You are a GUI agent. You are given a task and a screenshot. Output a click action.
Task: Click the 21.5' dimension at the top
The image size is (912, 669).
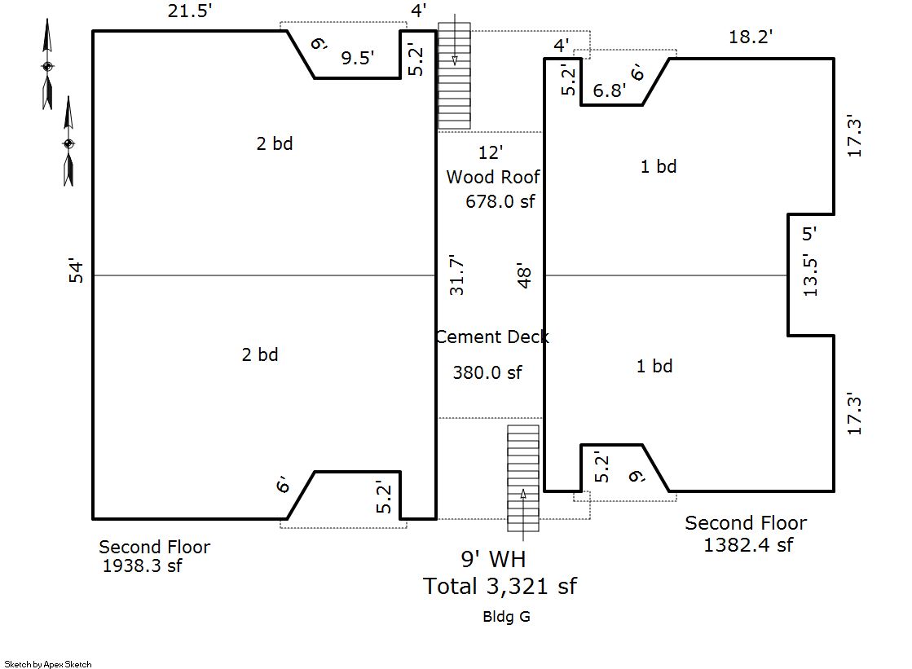click(190, 11)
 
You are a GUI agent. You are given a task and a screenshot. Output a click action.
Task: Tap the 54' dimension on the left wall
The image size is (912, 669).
click(76, 271)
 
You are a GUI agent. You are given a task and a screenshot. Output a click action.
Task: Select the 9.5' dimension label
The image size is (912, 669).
click(357, 58)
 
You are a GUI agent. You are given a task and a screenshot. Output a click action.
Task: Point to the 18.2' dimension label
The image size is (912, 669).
click(751, 37)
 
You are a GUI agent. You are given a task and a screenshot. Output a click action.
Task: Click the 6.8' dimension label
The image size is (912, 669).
click(609, 90)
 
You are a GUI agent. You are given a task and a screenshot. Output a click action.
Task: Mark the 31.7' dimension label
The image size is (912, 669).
click(456, 275)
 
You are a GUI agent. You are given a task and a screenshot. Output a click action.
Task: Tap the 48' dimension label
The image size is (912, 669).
click(524, 275)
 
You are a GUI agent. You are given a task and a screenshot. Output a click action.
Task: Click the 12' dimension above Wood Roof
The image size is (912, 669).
click(491, 152)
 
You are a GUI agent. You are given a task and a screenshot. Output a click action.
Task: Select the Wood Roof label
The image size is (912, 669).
click(492, 177)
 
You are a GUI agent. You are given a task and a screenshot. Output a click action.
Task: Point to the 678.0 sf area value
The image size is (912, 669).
click(500, 201)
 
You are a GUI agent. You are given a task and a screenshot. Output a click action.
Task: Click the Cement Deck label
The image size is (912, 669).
click(492, 337)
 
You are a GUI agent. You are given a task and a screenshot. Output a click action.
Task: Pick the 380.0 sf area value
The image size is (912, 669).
click(487, 372)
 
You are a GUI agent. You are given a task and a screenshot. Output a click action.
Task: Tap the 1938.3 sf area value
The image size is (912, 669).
click(142, 566)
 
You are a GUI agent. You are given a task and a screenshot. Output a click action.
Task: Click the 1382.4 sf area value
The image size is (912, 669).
click(748, 545)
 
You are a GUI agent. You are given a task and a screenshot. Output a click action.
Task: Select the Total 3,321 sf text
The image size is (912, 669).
click(500, 587)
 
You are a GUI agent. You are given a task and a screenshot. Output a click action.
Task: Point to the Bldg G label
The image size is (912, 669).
click(506, 617)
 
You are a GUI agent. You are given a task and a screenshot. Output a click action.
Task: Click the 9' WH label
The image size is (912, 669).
click(493, 559)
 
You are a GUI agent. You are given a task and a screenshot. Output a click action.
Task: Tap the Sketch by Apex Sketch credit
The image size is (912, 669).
click(48, 664)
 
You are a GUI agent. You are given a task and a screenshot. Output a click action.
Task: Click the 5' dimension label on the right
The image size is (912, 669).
click(809, 234)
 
